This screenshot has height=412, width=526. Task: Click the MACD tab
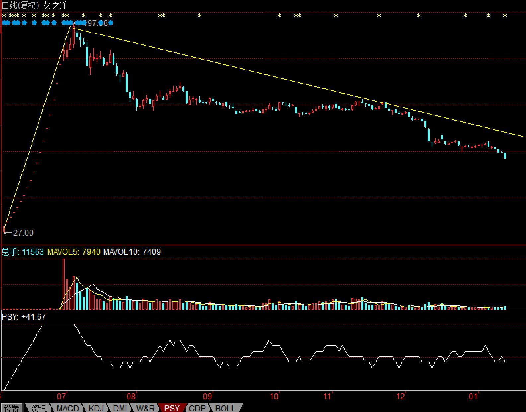[68, 408]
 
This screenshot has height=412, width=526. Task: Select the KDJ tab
[96, 408]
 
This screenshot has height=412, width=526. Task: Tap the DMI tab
[120, 408]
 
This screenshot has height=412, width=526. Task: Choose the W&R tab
[146, 408]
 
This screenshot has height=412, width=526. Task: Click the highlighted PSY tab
[172, 408]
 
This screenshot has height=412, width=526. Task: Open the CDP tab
[197, 408]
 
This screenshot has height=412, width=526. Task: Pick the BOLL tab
[226, 408]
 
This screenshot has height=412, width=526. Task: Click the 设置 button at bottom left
[11, 408]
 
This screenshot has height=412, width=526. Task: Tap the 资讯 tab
[39, 408]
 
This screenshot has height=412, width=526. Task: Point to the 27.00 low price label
[23, 233]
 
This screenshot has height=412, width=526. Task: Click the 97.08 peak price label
[97, 23]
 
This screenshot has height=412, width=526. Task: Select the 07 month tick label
[62, 396]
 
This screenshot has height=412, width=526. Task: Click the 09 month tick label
[208, 396]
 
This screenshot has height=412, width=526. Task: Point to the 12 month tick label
[401, 396]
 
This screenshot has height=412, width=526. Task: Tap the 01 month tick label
[473, 396]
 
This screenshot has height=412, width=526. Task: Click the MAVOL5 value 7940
[91, 252]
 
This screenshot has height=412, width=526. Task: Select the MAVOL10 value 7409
[151, 252]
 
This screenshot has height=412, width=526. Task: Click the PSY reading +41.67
[33, 317]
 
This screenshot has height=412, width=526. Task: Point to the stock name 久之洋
[55, 5]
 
